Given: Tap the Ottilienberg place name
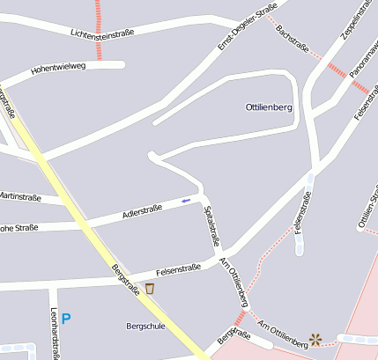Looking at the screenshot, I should [x=268, y=107].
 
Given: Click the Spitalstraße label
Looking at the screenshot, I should [x=211, y=226].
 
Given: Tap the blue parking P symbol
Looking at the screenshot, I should [x=65, y=319].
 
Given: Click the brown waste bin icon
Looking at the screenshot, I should [x=150, y=288].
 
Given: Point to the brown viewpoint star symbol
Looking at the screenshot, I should [x=315, y=338].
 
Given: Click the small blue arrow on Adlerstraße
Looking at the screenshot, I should [x=186, y=202].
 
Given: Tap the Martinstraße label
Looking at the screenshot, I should [x=20, y=197].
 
